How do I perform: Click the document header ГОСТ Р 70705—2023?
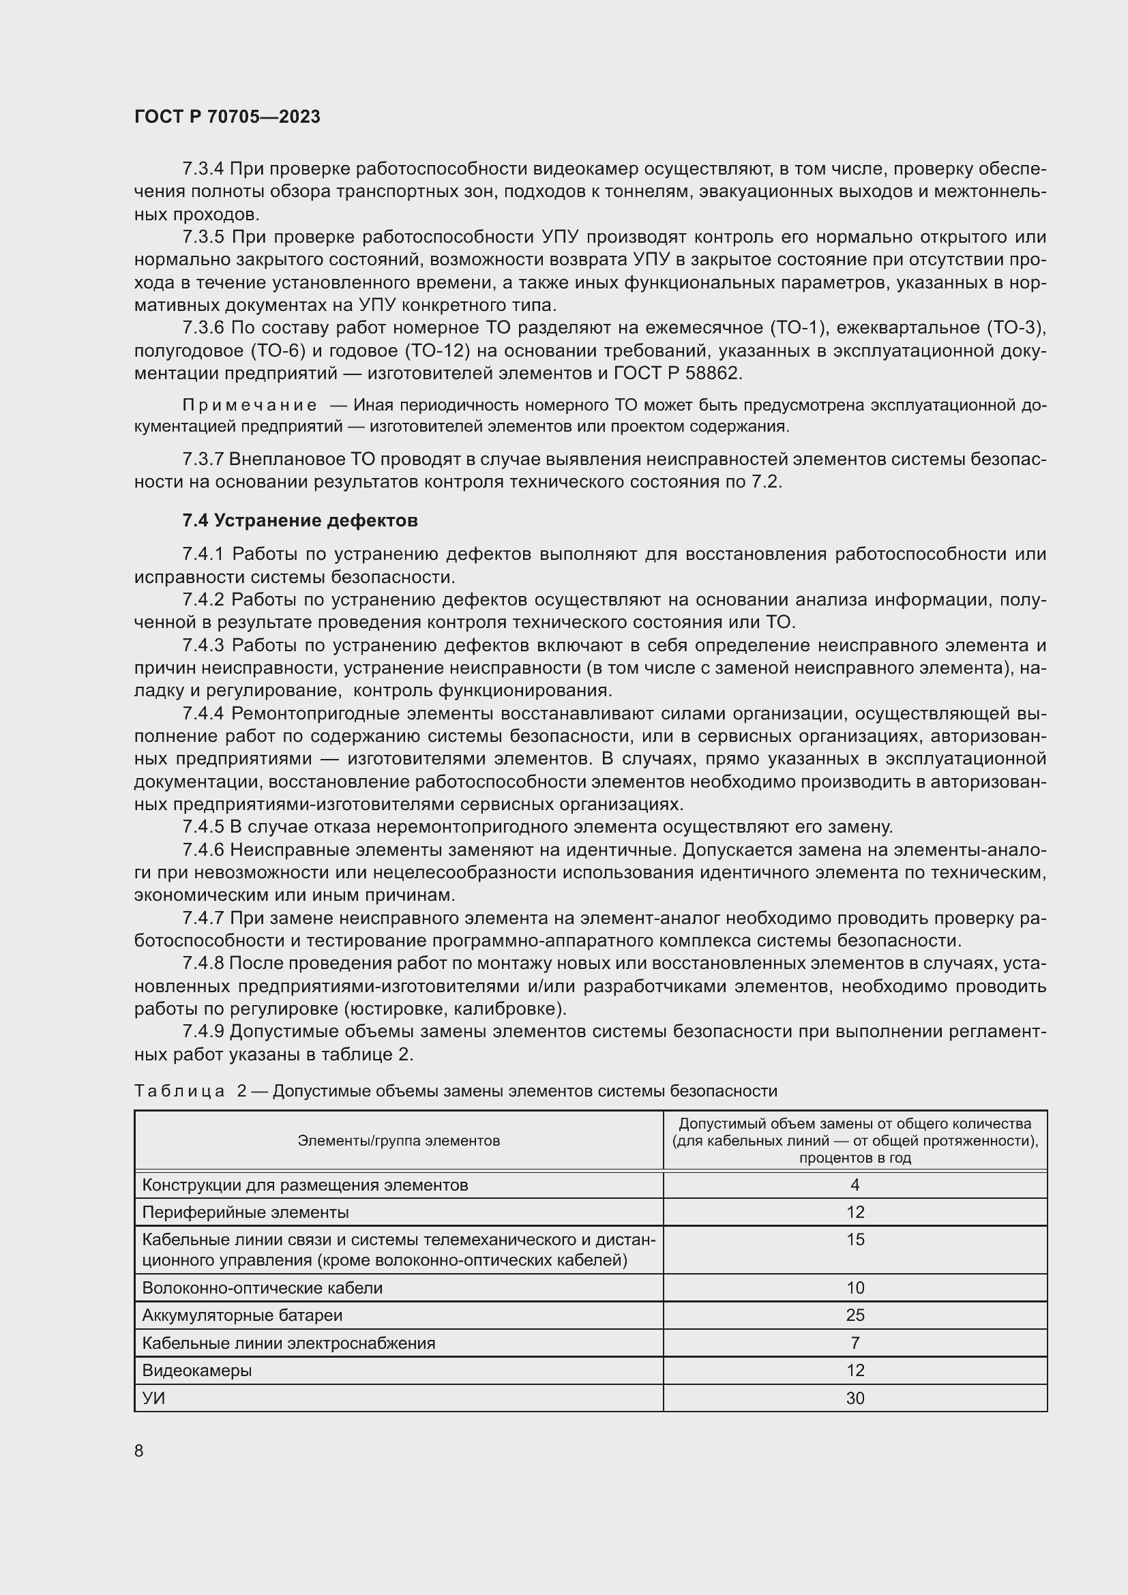pos(227,117)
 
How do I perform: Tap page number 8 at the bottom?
pos(139,1450)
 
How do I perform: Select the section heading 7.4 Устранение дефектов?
pos(299,520)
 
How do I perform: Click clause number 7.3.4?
pos(203,169)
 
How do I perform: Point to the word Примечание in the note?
pos(250,405)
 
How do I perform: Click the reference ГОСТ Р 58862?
pos(677,373)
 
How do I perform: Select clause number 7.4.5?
pos(203,826)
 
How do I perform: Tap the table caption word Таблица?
pos(179,1090)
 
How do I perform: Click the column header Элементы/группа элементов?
pos(399,1140)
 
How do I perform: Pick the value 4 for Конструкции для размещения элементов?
pos(855,1184)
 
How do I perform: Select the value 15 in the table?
pos(855,1239)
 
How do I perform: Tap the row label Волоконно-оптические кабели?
pos(262,1287)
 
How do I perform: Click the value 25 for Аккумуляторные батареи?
pos(855,1314)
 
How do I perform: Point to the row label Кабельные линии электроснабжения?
pos(288,1342)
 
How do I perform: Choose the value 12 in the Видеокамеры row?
pos(855,1370)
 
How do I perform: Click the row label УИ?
pos(153,1398)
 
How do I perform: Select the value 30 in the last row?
pos(855,1398)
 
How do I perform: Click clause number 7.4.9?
pos(203,1032)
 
